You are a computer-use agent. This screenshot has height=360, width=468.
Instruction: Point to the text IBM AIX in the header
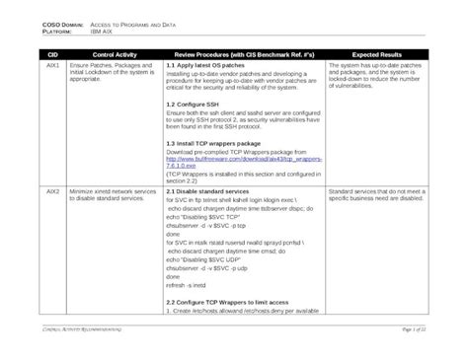(x=102, y=30)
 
